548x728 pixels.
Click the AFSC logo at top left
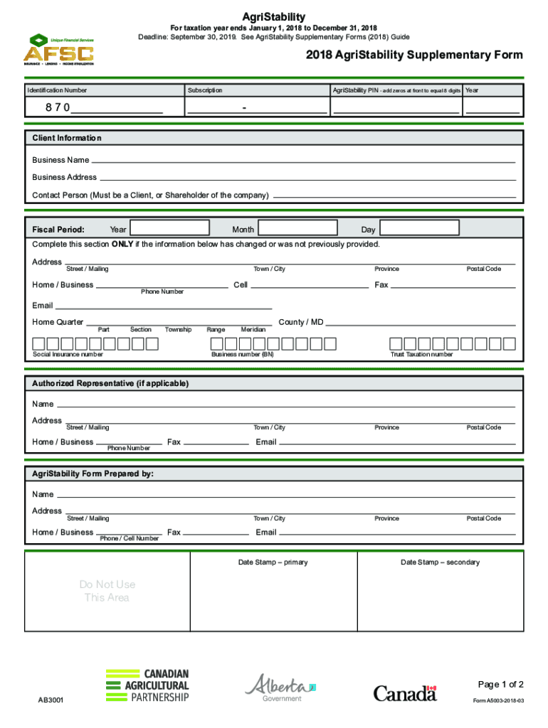60,49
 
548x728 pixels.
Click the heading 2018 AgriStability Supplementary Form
414,55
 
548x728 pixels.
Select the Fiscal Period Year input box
169,227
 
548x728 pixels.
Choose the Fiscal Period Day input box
419,227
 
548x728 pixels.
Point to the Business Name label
60,160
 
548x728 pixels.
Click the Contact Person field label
150,195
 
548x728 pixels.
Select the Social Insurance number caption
68,354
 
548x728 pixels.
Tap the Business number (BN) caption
242,354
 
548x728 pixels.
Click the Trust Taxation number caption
421,354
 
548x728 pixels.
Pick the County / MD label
301,322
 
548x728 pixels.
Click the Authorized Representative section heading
110,383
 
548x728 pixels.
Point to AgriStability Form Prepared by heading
93,473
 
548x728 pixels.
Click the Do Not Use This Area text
107,591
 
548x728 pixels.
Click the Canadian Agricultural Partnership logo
147,685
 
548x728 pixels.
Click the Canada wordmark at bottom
404,692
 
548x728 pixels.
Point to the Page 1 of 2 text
500,685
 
